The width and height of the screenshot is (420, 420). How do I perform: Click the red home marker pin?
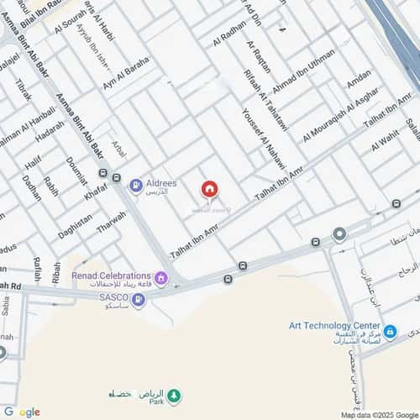tap(209, 190)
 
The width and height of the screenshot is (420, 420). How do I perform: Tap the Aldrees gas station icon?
tap(135, 182)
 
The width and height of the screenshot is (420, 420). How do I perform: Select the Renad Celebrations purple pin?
tap(160, 278)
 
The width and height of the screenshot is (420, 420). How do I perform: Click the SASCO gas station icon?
tap(138, 299)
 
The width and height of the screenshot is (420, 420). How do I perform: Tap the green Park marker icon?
tap(174, 394)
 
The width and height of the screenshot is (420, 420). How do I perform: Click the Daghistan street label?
tap(76, 226)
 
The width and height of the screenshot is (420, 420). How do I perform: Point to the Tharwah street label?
tap(112, 224)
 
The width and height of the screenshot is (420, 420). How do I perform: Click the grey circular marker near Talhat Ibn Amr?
tap(339, 234)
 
